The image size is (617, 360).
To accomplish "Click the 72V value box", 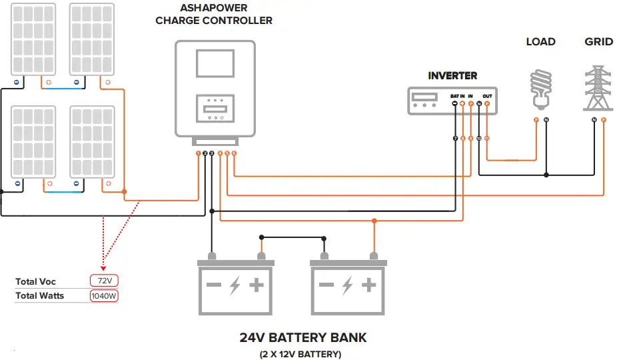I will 104,281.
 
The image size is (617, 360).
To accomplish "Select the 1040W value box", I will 104,295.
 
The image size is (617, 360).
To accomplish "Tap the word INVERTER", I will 452,76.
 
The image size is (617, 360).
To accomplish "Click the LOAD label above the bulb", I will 540,42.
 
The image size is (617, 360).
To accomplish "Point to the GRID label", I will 598,42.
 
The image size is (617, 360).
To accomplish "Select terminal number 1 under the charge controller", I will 198,154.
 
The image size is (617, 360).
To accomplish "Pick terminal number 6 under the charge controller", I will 234,154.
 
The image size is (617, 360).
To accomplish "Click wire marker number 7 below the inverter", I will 455,138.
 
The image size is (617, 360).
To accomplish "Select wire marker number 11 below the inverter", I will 487,138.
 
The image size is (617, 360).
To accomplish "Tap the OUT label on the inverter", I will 487,96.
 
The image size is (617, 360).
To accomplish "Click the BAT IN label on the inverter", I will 458,96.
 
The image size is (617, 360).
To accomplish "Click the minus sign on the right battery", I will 326,285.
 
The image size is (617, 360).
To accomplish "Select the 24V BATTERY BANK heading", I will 303,337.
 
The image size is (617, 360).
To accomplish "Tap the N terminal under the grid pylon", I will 594,120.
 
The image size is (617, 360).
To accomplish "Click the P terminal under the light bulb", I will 536,120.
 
